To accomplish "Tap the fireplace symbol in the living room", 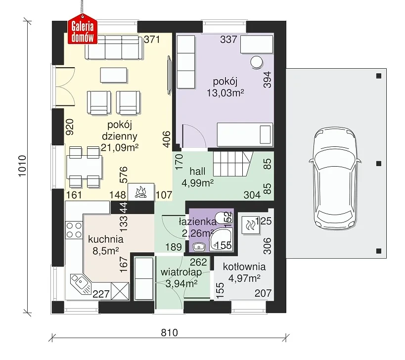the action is [x=141, y=192].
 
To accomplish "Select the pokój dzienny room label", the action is [x=120, y=131].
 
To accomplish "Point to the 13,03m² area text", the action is [x=225, y=93].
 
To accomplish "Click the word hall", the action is [x=197, y=171].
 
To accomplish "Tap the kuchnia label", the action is [x=106, y=239].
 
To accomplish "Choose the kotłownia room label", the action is [x=244, y=267].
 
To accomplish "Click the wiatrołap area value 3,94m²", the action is [x=181, y=284].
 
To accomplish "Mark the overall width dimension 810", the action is [x=170, y=333].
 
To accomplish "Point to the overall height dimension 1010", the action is [x=22, y=166].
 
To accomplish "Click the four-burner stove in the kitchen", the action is [x=74, y=230].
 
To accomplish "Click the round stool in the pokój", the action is [x=256, y=62].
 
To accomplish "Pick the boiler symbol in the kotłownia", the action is [x=250, y=225].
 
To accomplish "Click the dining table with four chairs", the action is [x=84, y=167].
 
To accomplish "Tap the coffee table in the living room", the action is [x=114, y=75].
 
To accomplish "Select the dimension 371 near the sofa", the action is [x=152, y=40].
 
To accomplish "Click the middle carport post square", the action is [x=379, y=164].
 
